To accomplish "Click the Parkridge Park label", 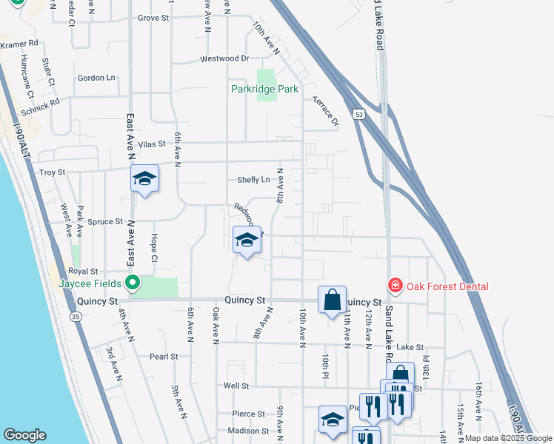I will (264, 89).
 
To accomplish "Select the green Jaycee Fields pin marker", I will (133, 282).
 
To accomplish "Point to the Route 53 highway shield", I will (359, 115).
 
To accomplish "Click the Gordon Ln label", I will (96, 78).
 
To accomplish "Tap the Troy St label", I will (52, 172).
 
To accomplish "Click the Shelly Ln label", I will (253, 180).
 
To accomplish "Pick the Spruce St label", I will (104, 221).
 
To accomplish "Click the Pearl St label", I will (164, 356).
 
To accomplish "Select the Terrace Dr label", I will (325, 110).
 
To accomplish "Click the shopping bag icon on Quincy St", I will (333, 300).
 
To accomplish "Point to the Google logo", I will (25, 435).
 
